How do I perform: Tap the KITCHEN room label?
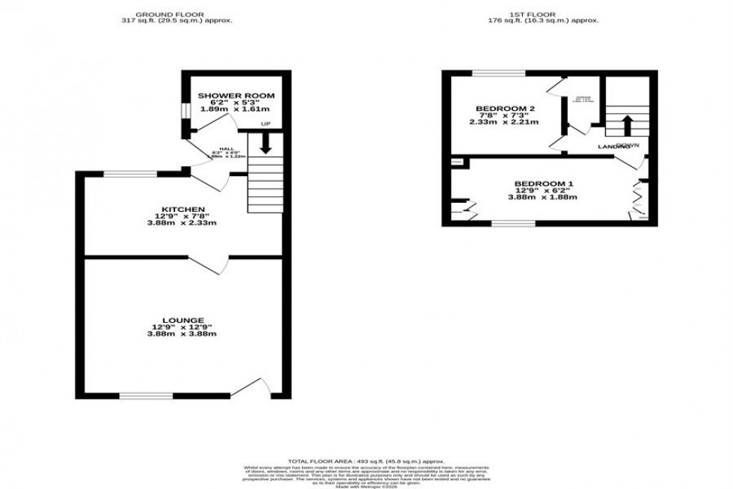[183, 209]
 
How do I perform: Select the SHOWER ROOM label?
[236, 96]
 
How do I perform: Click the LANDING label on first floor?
[611, 148]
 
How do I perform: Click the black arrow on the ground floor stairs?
[265, 143]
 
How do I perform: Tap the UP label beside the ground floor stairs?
[265, 124]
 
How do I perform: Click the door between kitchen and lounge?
[208, 263]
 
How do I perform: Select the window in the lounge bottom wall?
[145, 395]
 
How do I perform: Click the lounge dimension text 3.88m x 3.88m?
[183, 334]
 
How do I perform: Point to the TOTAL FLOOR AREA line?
[366, 461]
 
